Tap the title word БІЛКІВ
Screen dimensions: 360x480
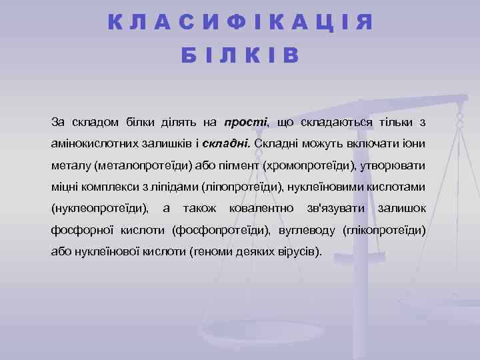240,56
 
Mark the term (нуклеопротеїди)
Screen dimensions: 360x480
101,209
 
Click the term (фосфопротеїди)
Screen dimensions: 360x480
221,231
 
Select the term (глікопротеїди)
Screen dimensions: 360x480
383,231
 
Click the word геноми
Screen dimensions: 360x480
214,253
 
